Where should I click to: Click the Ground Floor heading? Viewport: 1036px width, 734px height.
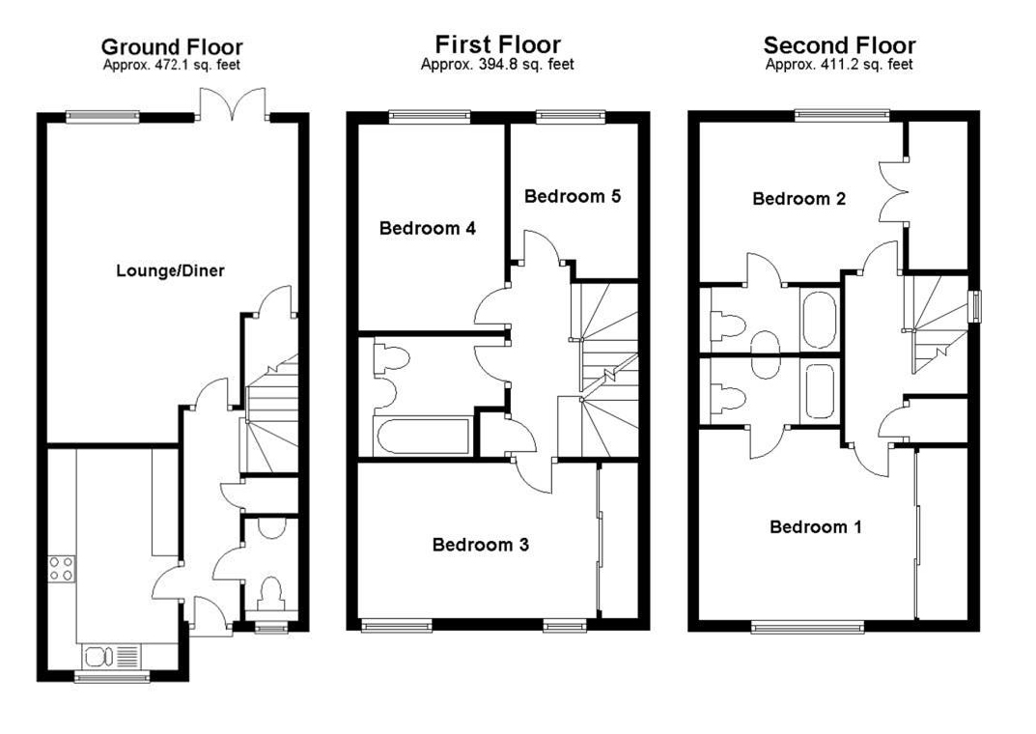[x=172, y=47]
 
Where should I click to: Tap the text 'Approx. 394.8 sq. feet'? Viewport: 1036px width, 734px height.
[x=497, y=64]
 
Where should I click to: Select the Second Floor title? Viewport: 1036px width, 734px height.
[x=839, y=45]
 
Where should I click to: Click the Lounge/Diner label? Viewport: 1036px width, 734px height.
[x=170, y=270]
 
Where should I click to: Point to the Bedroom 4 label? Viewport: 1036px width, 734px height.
[x=428, y=228]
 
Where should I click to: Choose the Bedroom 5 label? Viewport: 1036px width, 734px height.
[x=573, y=195]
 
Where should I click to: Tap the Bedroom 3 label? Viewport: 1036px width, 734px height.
[x=480, y=545]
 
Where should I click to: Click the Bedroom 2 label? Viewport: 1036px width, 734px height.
[x=798, y=198]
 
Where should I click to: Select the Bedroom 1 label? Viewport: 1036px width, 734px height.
[x=816, y=526]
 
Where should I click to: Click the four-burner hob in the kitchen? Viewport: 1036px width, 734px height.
[x=62, y=569]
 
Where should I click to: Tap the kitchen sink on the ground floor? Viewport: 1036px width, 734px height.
[x=110, y=657]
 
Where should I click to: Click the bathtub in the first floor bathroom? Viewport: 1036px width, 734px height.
[x=422, y=436]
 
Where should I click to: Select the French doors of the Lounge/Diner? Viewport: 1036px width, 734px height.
[x=233, y=105]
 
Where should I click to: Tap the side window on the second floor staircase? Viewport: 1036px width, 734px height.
[x=974, y=306]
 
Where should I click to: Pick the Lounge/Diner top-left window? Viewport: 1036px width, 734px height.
[x=103, y=117]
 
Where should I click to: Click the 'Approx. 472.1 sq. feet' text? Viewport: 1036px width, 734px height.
[x=172, y=65]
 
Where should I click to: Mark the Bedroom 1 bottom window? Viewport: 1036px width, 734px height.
[x=807, y=626]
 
